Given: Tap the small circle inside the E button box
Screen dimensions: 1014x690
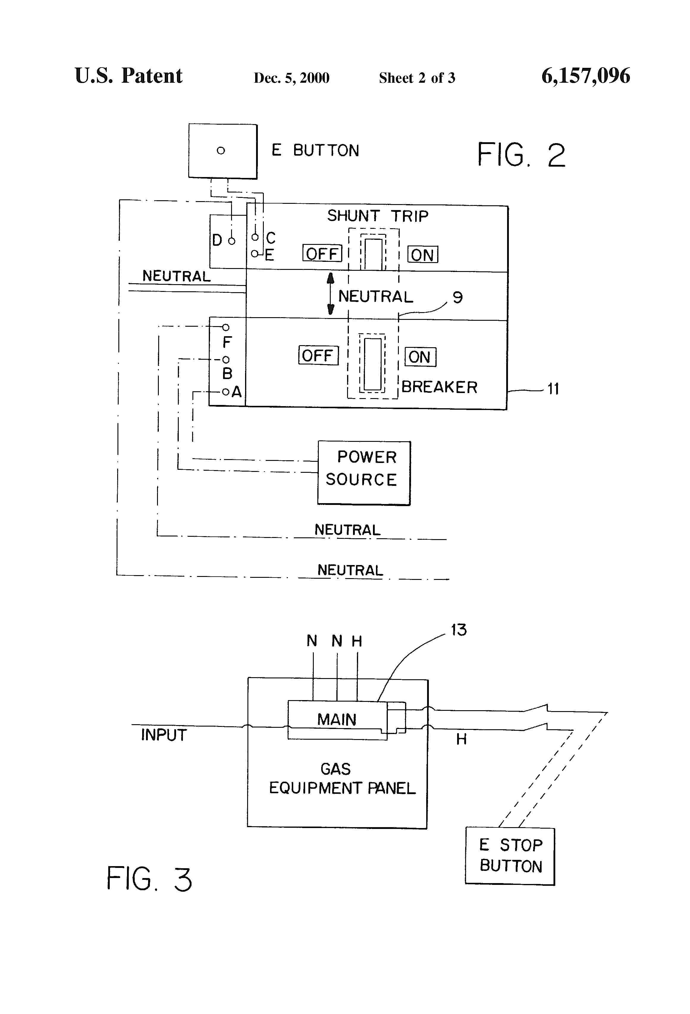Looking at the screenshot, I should pos(221,151).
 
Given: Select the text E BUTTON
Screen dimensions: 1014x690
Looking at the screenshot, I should pos(315,151).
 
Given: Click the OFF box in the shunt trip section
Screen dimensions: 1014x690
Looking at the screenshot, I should pos(322,253).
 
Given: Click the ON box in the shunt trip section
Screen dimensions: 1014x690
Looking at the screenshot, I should pos(422,255).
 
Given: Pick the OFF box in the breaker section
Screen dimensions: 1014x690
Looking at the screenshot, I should pos(318,356).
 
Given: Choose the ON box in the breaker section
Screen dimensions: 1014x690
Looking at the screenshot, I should pos(420,357).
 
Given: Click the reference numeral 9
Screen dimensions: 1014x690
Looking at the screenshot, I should pos(457,298).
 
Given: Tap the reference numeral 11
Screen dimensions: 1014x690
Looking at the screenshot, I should pos(553,389).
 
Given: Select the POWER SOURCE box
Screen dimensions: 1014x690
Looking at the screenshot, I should pos(364,473).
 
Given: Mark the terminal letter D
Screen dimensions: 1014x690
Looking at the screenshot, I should pos(217,240).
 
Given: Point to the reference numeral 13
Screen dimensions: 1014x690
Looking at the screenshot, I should pos(458,630).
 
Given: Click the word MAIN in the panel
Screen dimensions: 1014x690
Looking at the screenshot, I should pos(337,719).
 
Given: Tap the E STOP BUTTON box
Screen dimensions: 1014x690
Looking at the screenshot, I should pos(510,856).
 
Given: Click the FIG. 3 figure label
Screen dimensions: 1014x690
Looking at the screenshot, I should pos(149,879).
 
